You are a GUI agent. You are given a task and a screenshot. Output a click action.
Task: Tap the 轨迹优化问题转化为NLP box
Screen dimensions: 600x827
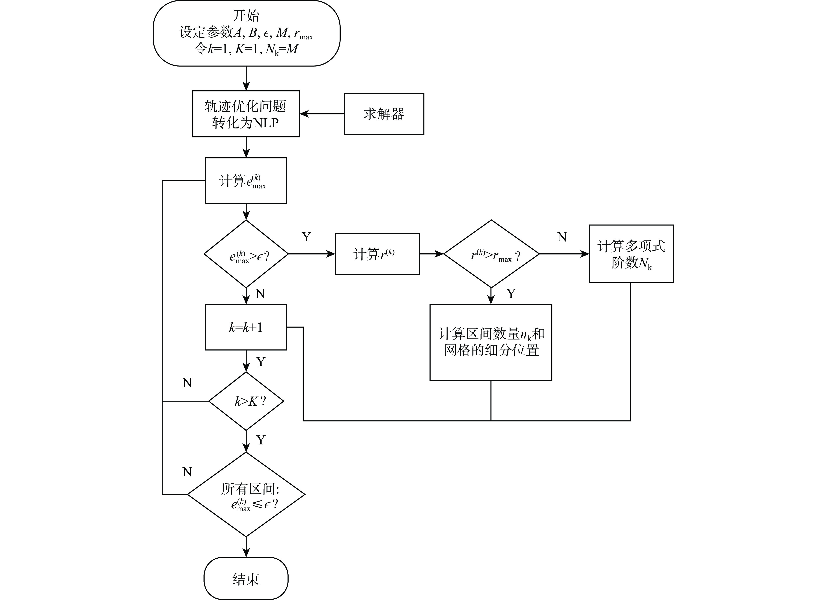click(246, 114)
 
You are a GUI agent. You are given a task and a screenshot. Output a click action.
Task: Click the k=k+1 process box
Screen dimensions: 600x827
click(246, 327)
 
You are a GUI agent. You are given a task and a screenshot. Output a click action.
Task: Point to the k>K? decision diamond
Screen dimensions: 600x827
click(246, 401)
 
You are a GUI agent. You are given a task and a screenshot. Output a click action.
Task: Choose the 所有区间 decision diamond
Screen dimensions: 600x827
click(246, 495)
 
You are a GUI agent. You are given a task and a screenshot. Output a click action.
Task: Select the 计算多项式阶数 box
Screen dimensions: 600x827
click(631, 254)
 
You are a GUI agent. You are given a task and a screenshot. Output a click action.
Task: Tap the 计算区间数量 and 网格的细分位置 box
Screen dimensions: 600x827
click(491, 342)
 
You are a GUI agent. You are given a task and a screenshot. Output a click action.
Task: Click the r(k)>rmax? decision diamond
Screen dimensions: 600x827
click(491, 254)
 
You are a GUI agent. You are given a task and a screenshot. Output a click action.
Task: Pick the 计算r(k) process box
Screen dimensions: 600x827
click(377, 254)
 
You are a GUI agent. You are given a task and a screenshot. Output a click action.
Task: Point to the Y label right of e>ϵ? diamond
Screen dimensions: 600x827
click(306, 237)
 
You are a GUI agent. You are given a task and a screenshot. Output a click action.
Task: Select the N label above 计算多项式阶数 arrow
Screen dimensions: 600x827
click(562, 237)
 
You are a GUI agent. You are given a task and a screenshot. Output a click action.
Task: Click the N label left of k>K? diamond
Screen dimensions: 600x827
click(187, 383)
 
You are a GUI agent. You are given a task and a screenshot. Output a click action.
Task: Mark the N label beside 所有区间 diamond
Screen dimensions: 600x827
click(187, 472)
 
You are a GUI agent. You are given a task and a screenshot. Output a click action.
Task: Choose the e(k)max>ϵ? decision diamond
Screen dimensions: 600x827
click(246, 254)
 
